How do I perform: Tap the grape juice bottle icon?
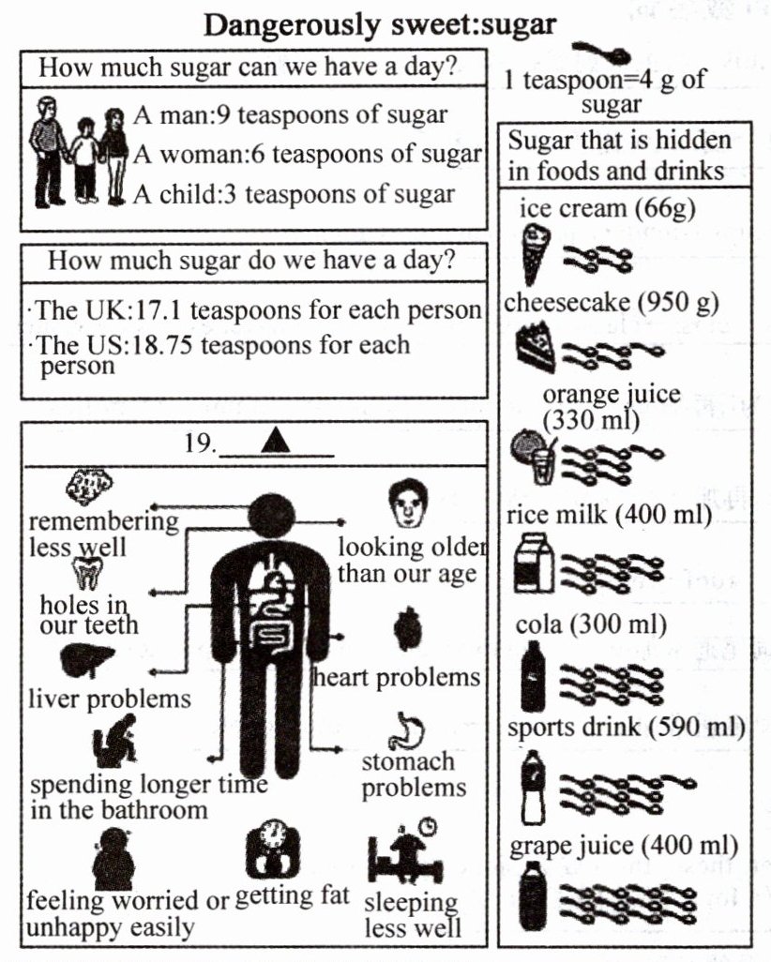pos(532,896)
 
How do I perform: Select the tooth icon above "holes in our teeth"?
pos(86,573)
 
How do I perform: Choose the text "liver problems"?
pos(109,699)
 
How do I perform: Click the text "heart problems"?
pos(397,676)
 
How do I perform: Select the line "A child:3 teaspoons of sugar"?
pos(294,194)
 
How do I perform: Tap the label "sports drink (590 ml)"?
pos(626,728)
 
